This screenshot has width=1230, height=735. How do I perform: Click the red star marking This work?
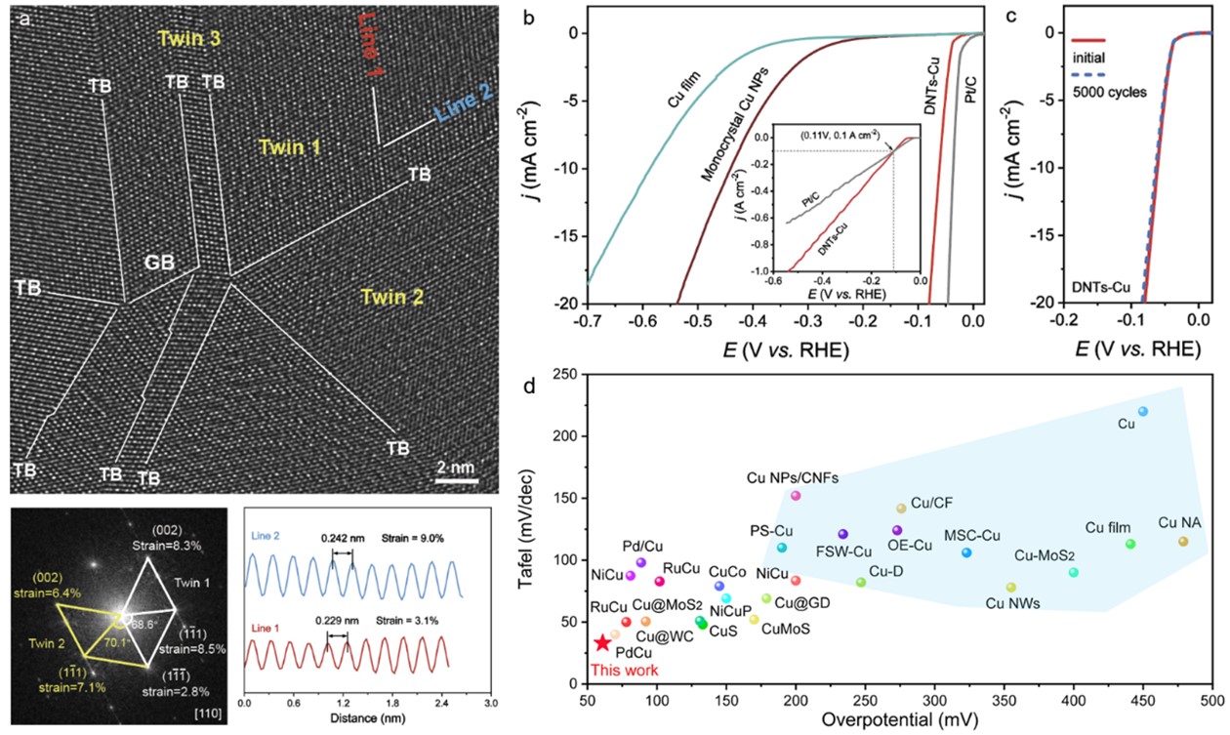[603, 642]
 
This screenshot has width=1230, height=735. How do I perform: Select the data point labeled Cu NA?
[1183, 542]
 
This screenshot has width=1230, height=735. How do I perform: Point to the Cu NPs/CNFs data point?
[796, 496]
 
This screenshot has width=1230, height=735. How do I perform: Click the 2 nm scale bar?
[456, 479]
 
